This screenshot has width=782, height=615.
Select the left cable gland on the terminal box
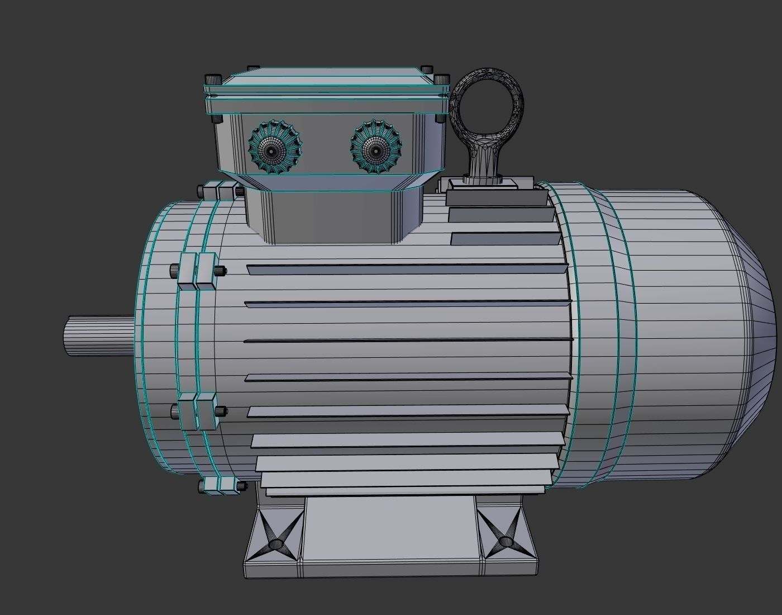point(274,148)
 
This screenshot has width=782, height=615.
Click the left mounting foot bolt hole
point(276,543)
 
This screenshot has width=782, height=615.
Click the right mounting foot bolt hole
point(506,541)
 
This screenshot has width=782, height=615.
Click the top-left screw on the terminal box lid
point(213,79)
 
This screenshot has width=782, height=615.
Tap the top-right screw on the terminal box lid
point(441,79)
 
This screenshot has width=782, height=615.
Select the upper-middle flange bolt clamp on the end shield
point(197,271)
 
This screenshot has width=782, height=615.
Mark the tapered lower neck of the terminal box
point(335,215)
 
